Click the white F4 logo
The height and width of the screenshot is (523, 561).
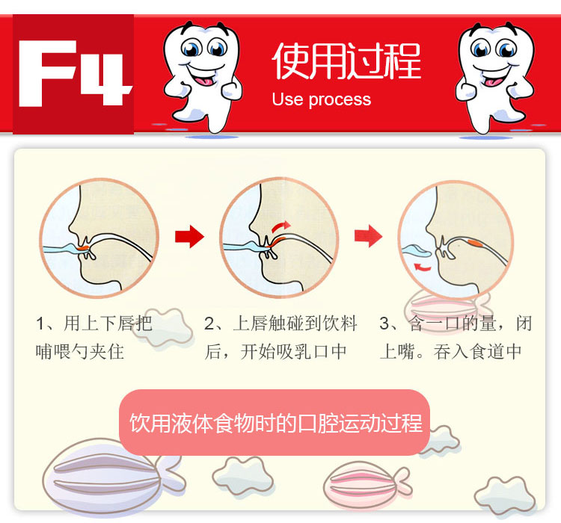[73, 73]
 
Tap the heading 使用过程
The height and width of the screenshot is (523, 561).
[346, 61]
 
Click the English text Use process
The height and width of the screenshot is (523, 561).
[322, 99]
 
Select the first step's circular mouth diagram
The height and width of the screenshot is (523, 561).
[99, 238]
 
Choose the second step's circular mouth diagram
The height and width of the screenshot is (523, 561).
[279, 238]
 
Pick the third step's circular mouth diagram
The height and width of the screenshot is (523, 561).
[456, 240]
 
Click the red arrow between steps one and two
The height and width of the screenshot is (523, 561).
[190, 236]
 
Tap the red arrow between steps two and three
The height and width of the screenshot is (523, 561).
[369, 236]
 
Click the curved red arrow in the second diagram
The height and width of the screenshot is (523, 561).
[280, 226]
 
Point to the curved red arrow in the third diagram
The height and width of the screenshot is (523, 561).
[422, 267]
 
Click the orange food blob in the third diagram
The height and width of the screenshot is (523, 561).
[476, 243]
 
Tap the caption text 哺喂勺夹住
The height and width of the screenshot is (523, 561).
[80, 351]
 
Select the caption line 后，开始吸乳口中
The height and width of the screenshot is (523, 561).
[275, 351]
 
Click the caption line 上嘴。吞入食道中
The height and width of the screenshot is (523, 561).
[450, 351]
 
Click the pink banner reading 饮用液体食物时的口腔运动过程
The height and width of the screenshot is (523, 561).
[275, 422]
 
